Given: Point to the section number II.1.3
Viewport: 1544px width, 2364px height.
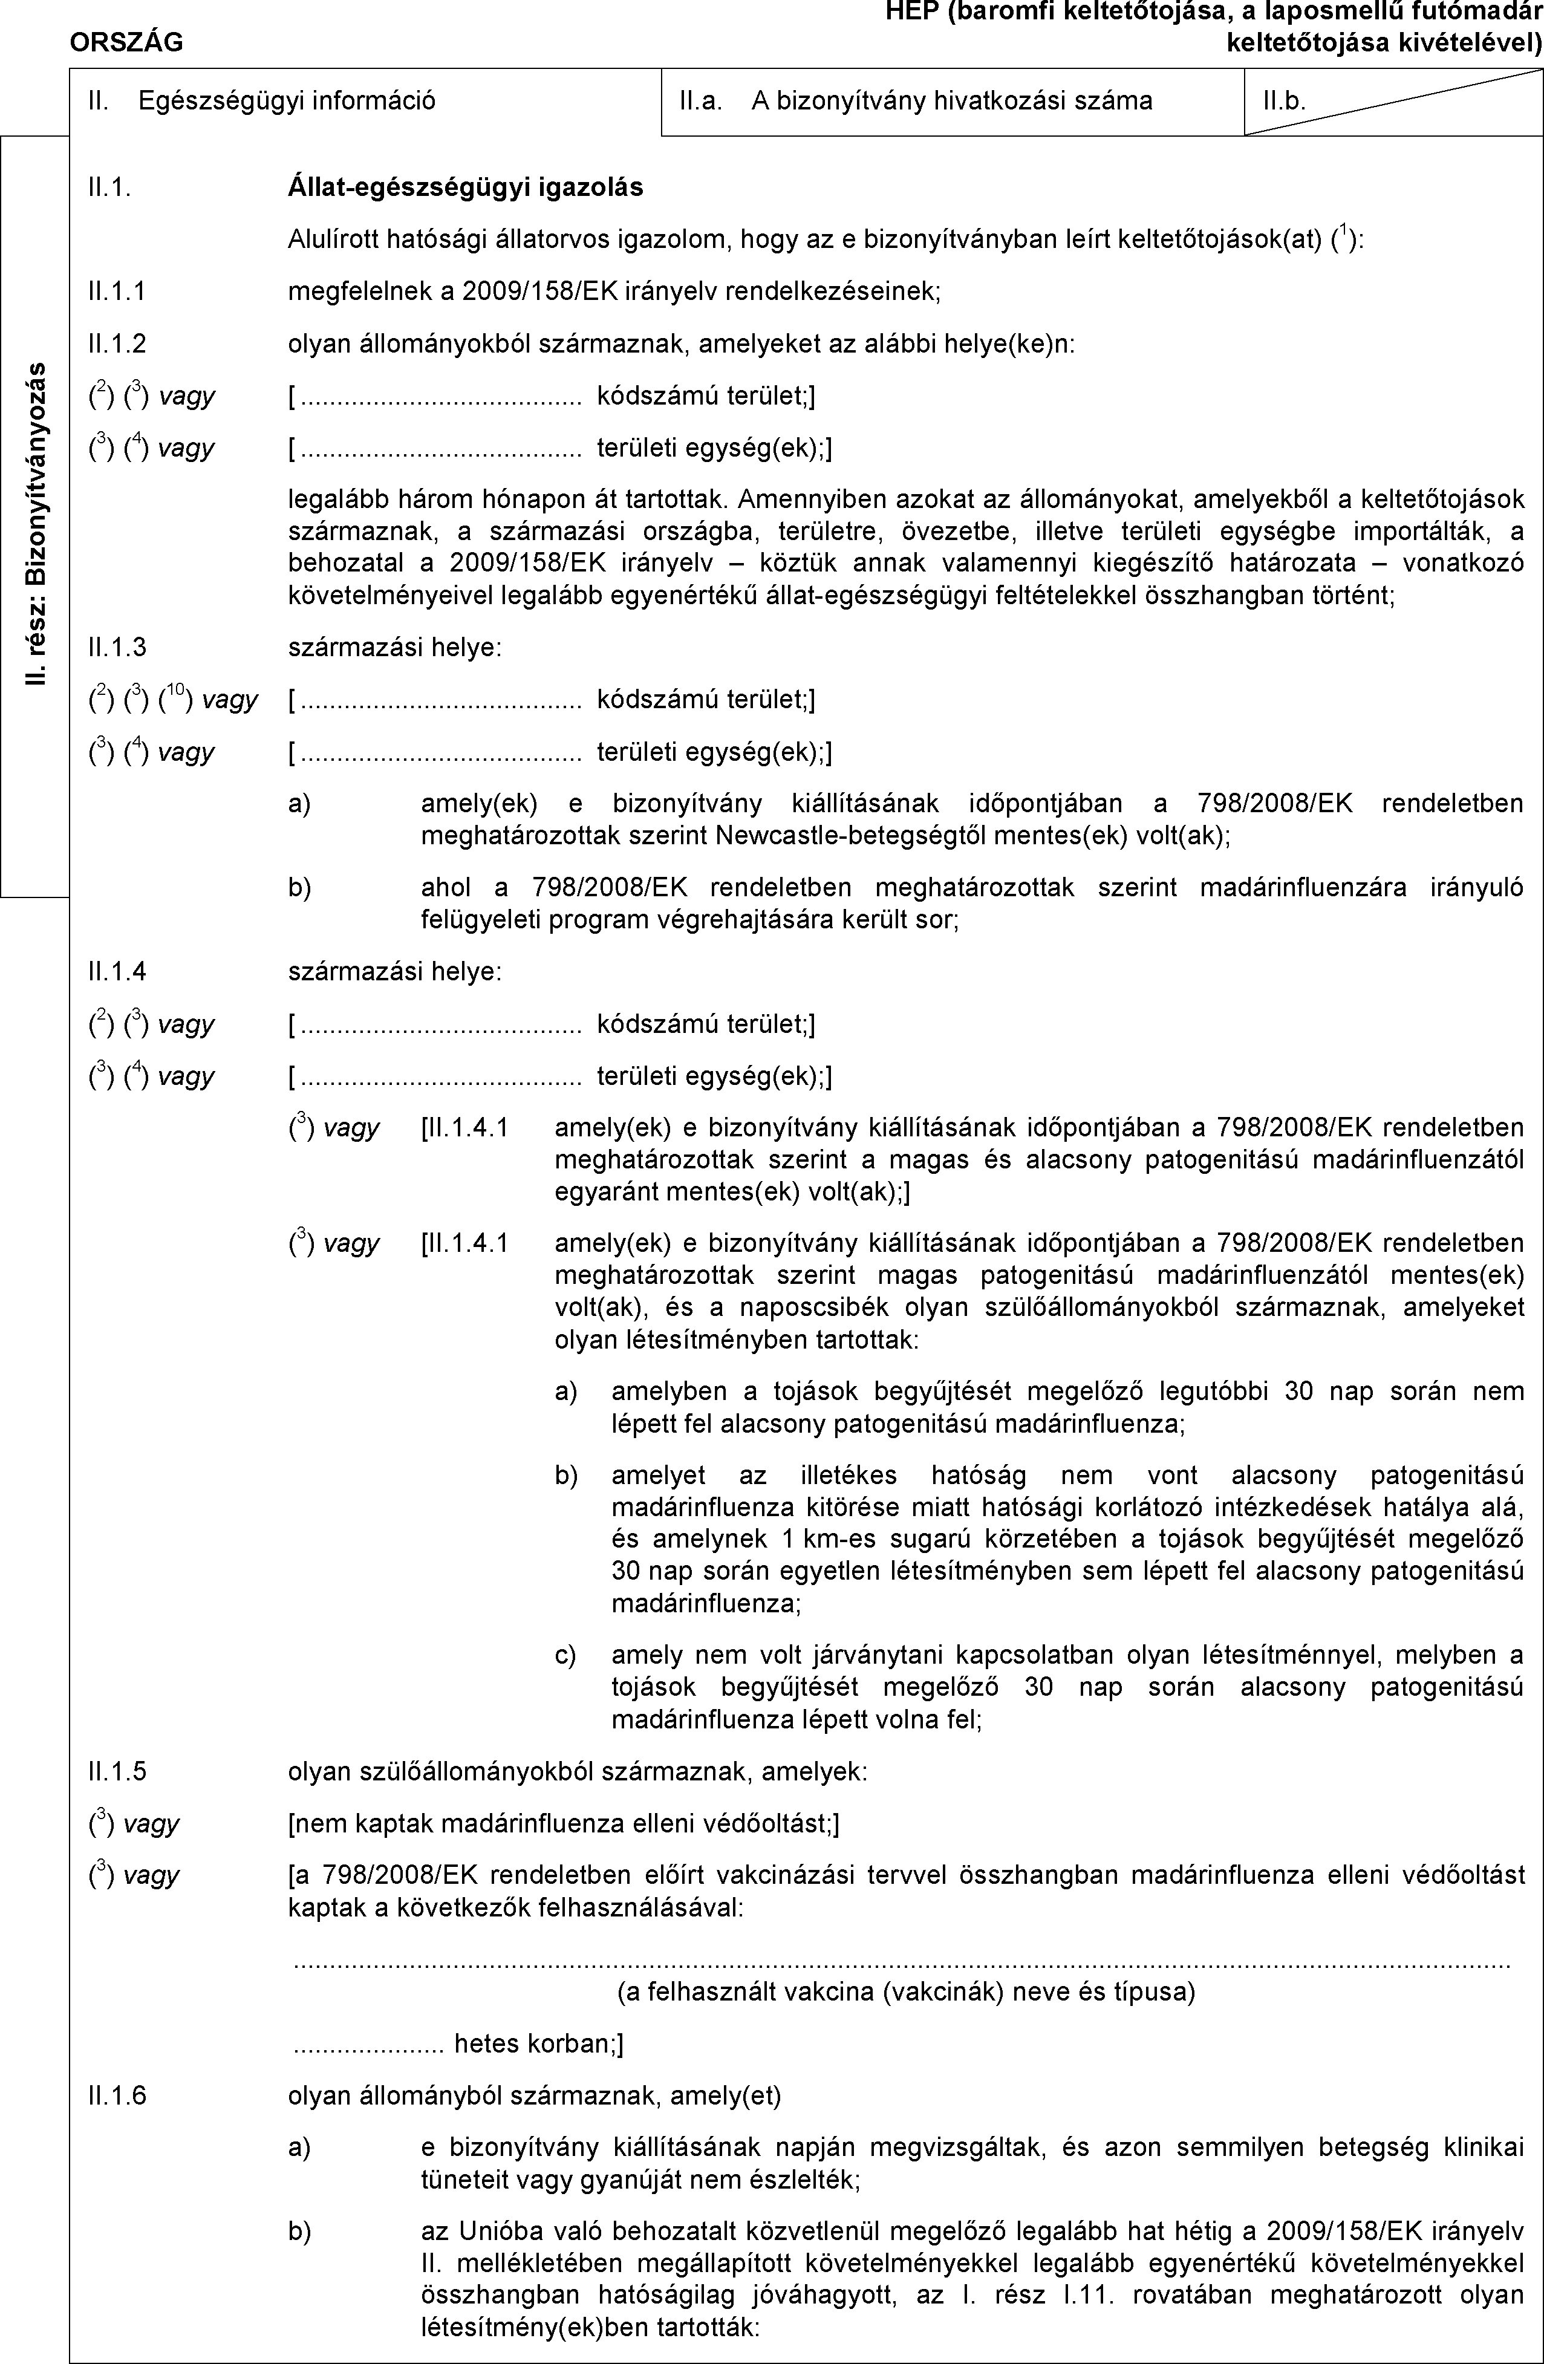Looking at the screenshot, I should pos(116,648).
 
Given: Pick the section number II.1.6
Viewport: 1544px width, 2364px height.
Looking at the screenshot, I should pos(116,2097).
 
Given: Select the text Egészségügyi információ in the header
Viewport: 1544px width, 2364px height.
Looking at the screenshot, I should pos(286,100).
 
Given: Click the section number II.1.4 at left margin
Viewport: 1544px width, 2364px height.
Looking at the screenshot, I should pos(116,971).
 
